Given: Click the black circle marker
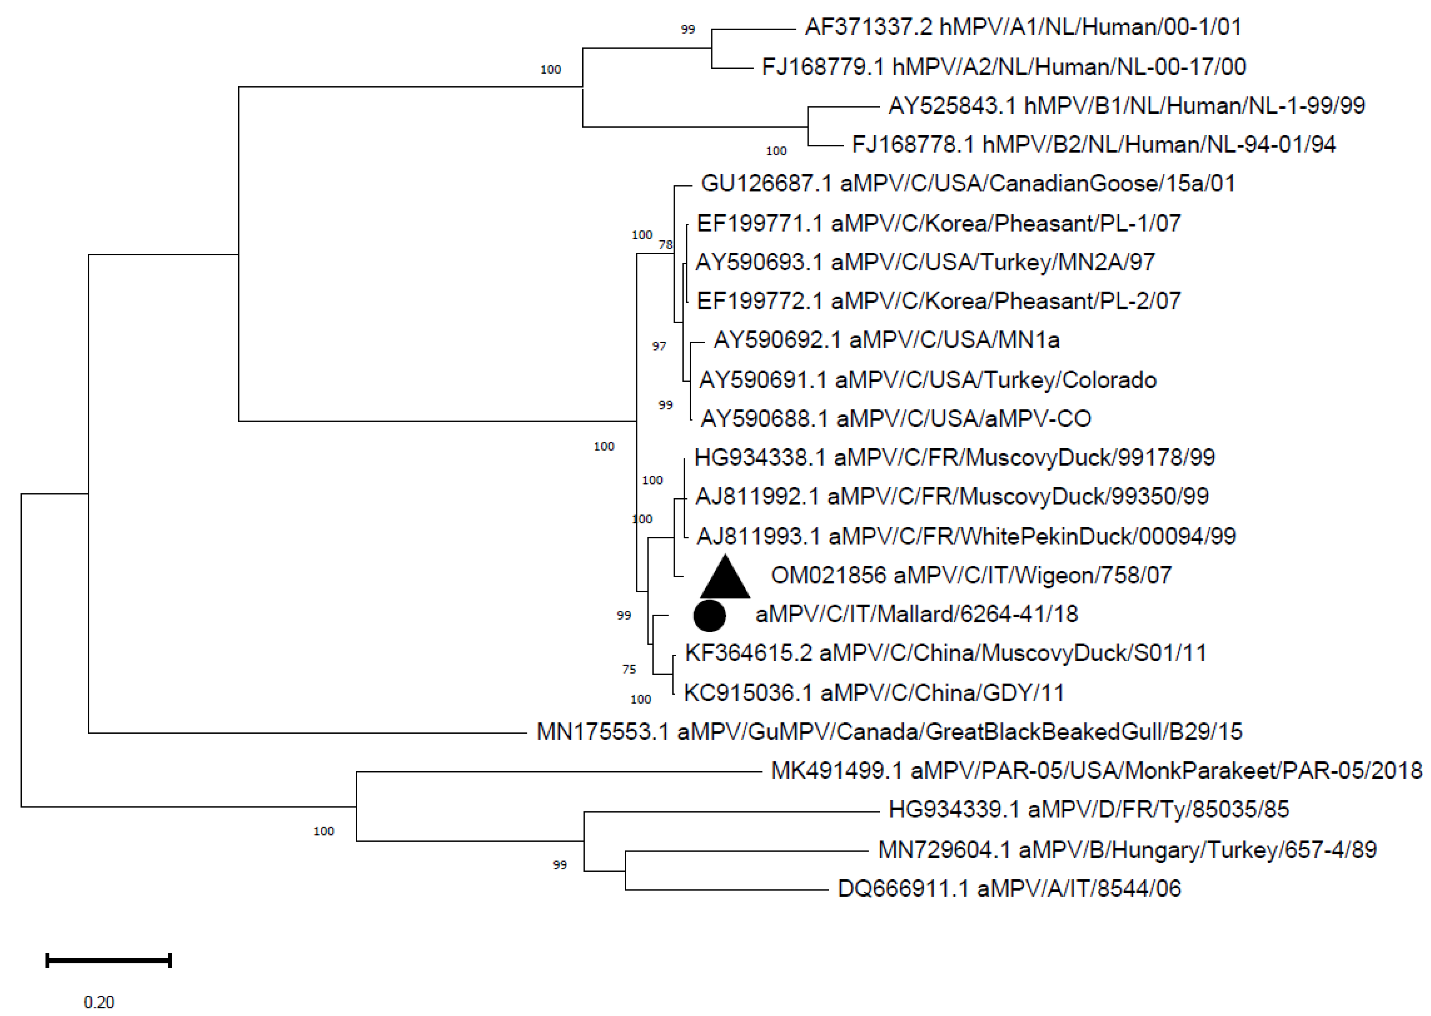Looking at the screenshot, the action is tap(709, 616).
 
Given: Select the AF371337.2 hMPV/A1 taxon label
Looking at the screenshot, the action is tap(1023, 27).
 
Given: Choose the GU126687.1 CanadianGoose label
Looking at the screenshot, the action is tap(968, 183).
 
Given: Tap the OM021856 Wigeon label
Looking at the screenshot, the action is tap(971, 575).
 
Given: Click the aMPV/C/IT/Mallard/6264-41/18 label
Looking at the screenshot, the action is tap(917, 614).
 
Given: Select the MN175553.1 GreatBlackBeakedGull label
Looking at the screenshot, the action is tap(889, 731).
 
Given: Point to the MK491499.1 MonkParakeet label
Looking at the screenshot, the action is tap(1097, 770).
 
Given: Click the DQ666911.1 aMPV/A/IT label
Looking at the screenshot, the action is tap(1009, 888).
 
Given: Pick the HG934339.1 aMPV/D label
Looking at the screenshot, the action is tap(1088, 809).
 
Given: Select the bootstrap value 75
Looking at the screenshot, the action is tap(629, 669).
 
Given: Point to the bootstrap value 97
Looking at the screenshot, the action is tap(659, 346).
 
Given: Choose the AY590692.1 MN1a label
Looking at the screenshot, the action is tap(887, 340).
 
